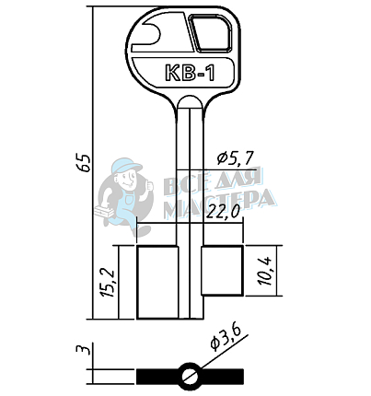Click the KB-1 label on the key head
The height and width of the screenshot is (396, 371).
click(190, 73)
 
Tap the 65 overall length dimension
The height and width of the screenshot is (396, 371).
click(85, 162)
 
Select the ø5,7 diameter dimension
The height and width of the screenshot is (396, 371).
click(235, 157)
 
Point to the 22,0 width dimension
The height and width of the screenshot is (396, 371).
click(223, 211)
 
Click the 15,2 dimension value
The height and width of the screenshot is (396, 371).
click(108, 283)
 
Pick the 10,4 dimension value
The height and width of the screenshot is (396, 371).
click(265, 271)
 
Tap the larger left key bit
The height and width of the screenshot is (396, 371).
click(157, 282)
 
